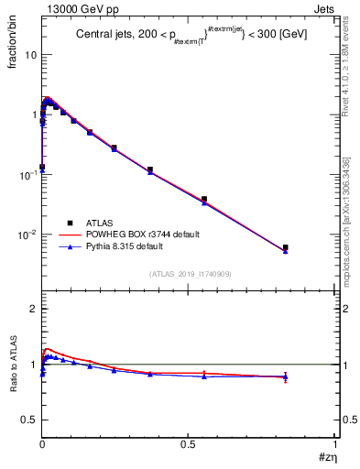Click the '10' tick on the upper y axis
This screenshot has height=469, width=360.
(30, 55)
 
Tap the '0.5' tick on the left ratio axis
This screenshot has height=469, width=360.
(28, 419)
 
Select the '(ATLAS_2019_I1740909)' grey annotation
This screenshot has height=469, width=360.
(189, 273)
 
